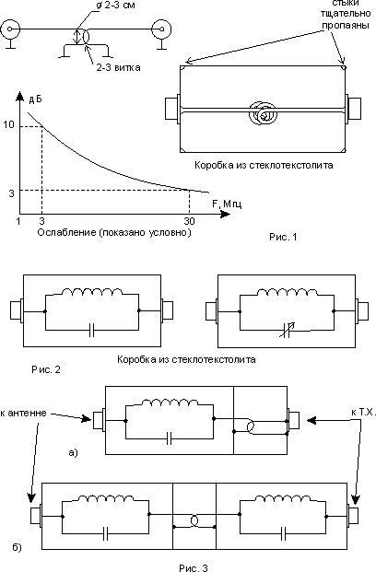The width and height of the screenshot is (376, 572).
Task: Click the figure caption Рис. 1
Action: pyautogui.click(x=283, y=237)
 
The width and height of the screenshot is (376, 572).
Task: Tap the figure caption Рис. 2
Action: pyautogui.click(x=46, y=369)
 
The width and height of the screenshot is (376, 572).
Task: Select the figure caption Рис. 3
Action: pyautogui.click(x=194, y=567)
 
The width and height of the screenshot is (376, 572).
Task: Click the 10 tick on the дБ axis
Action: pyautogui.click(x=9, y=124)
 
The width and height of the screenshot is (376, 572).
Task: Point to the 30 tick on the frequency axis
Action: pyautogui.click(x=189, y=221)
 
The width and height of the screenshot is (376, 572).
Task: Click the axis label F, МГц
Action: pyautogui.click(x=227, y=204)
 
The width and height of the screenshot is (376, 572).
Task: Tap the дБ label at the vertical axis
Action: pyautogui.click(x=35, y=99)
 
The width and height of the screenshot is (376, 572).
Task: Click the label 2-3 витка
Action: pyautogui.click(x=118, y=68)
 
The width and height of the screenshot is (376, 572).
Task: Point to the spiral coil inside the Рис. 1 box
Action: pyautogui.click(x=263, y=113)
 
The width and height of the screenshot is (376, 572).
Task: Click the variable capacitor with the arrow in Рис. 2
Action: pyautogui.click(x=287, y=330)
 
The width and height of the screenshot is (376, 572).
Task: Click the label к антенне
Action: pyautogui.click(x=23, y=413)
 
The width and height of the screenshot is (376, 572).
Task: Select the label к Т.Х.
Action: pyautogui.click(x=363, y=413)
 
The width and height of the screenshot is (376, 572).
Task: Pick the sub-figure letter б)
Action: pyautogui.click(x=17, y=547)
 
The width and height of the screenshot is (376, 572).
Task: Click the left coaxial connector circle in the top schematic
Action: pyautogui.click(x=9, y=29)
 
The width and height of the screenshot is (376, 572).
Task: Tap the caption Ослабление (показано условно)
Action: pyautogui.click(x=114, y=232)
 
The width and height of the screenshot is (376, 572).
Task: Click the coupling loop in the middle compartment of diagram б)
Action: pyautogui.click(x=194, y=521)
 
